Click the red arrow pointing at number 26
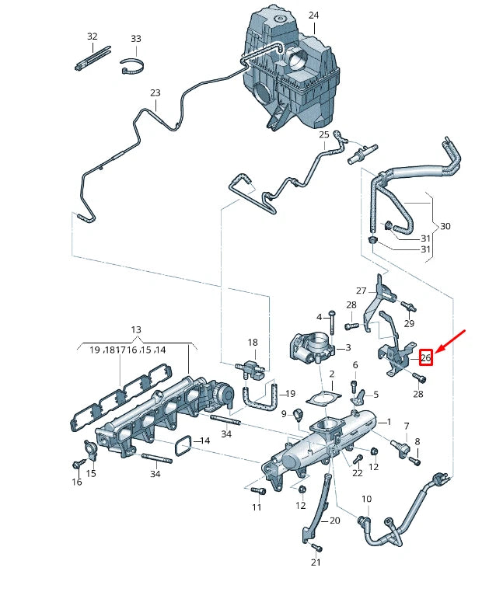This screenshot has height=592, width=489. pyautogui.click(x=452, y=340)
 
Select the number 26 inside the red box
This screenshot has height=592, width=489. pyautogui.click(x=425, y=357)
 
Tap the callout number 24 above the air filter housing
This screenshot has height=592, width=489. pyautogui.click(x=313, y=16)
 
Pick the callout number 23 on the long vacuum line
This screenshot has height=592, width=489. pyautogui.click(x=155, y=93)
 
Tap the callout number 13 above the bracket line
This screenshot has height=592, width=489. pyautogui.click(x=136, y=330)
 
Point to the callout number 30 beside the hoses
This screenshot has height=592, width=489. pyautogui.click(x=445, y=226)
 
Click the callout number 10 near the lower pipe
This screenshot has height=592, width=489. pyautogui.click(x=366, y=499)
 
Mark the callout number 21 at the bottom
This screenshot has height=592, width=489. pyautogui.click(x=316, y=562)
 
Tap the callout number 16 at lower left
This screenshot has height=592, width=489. pyautogui.click(x=77, y=482)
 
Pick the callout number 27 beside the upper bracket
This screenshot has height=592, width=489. pyautogui.click(x=361, y=290)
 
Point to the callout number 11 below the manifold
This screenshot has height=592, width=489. pyautogui.click(x=257, y=507)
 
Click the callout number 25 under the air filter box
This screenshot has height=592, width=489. pyautogui.click(x=324, y=134)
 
